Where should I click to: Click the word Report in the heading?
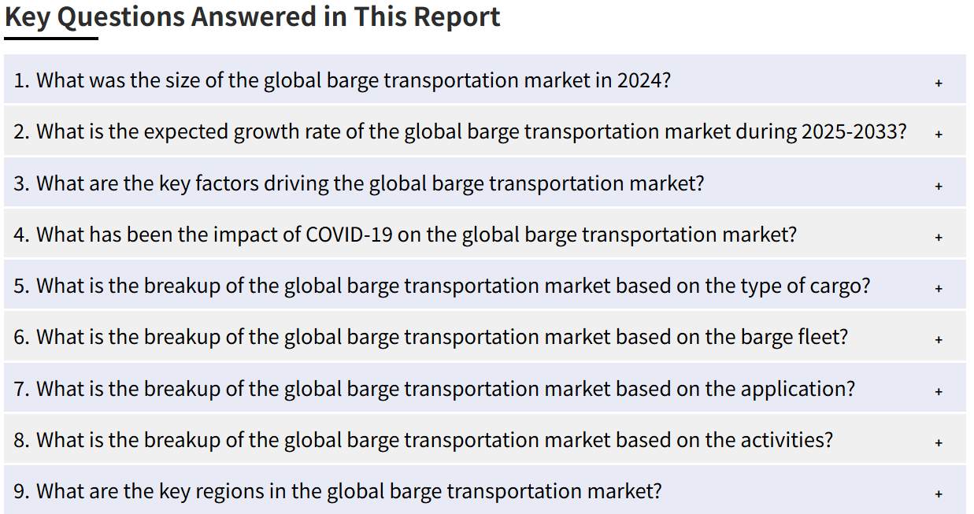456,17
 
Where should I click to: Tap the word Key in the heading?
28,18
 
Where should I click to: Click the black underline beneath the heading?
51,39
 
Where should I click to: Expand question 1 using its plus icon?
939,83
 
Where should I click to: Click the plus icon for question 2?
939,134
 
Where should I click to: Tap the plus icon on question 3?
939,186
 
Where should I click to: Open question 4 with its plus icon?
939,237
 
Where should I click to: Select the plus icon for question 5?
939,288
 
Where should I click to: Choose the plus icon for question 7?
939,391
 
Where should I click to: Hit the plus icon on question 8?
939,442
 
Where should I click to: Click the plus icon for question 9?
939,494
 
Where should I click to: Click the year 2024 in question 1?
639,80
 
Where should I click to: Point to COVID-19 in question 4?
349,235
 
